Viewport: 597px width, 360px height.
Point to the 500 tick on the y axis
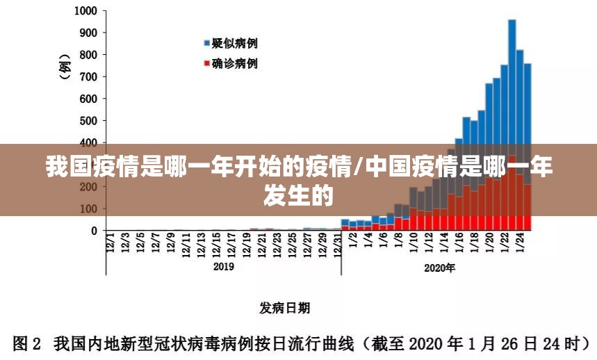[x=88, y=121]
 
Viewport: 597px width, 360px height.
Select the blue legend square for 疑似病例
[x=206, y=44]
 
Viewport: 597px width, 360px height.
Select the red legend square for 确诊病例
[x=206, y=64]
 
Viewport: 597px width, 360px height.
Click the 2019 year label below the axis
[x=223, y=266]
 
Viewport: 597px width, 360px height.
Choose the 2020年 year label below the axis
[x=439, y=268]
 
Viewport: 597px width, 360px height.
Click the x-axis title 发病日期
[x=285, y=307]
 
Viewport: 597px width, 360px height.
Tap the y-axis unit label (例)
[x=65, y=66]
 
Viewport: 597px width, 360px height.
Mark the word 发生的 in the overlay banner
[x=298, y=195]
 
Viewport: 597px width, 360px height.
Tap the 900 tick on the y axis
[x=88, y=33]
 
